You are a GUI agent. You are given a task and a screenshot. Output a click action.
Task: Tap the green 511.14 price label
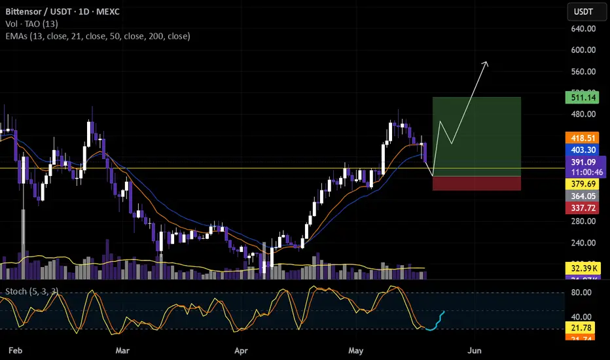[x=581, y=98]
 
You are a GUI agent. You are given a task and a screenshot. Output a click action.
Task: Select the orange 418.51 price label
[x=581, y=138]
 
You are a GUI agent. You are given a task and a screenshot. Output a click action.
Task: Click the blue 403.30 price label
[x=581, y=149]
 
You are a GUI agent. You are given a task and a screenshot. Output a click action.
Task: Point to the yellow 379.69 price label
[x=581, y=185]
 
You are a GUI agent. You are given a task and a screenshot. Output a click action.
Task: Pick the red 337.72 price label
[x=581, y=208]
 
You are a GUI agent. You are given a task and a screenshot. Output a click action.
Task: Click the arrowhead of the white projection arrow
[x=486, y=63]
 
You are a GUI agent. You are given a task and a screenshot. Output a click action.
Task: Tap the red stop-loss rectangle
[x=476, y=183]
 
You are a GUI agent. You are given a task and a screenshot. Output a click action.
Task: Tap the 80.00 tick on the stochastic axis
[x=581, y=293]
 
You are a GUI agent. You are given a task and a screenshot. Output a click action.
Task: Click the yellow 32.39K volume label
[x=581, y=268]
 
